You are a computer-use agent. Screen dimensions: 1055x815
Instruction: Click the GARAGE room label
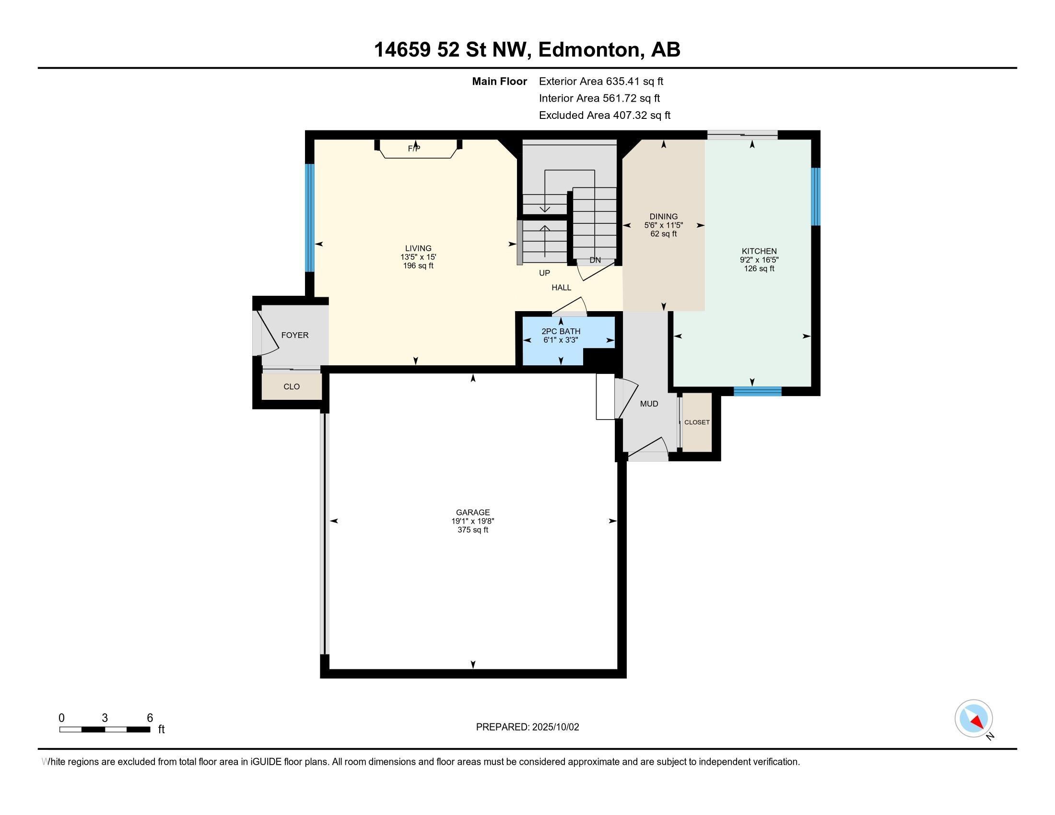point(472,512)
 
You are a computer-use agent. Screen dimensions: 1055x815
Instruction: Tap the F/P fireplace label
point(414,149)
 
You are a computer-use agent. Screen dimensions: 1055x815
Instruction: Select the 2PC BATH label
point(561,331)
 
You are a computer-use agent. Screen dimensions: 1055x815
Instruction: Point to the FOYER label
point(294,335)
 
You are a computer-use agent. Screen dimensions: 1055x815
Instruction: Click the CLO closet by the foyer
point(292,387)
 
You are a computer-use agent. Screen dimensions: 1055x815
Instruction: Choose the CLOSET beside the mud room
point(697,422)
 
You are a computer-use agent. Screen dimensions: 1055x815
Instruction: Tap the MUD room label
point(649,404)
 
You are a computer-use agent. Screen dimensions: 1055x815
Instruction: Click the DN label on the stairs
point(595,260)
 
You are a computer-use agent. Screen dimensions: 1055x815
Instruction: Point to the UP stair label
point(544,273)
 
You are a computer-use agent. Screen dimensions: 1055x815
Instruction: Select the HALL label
point(562,287)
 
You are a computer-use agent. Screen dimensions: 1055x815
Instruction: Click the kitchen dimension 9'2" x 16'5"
point(760,260)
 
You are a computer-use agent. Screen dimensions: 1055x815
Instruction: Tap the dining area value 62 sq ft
point(663,233)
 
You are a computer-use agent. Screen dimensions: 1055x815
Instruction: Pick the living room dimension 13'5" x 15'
point(418,257)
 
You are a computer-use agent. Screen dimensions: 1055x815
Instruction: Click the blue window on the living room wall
point(310,218)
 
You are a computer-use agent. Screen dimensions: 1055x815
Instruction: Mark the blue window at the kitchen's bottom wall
point(757,391)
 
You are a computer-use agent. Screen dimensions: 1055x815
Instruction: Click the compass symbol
point(973,719)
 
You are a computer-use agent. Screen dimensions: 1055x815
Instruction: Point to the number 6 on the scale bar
point(150,718)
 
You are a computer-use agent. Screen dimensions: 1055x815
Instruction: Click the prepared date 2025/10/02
point(555,727)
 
